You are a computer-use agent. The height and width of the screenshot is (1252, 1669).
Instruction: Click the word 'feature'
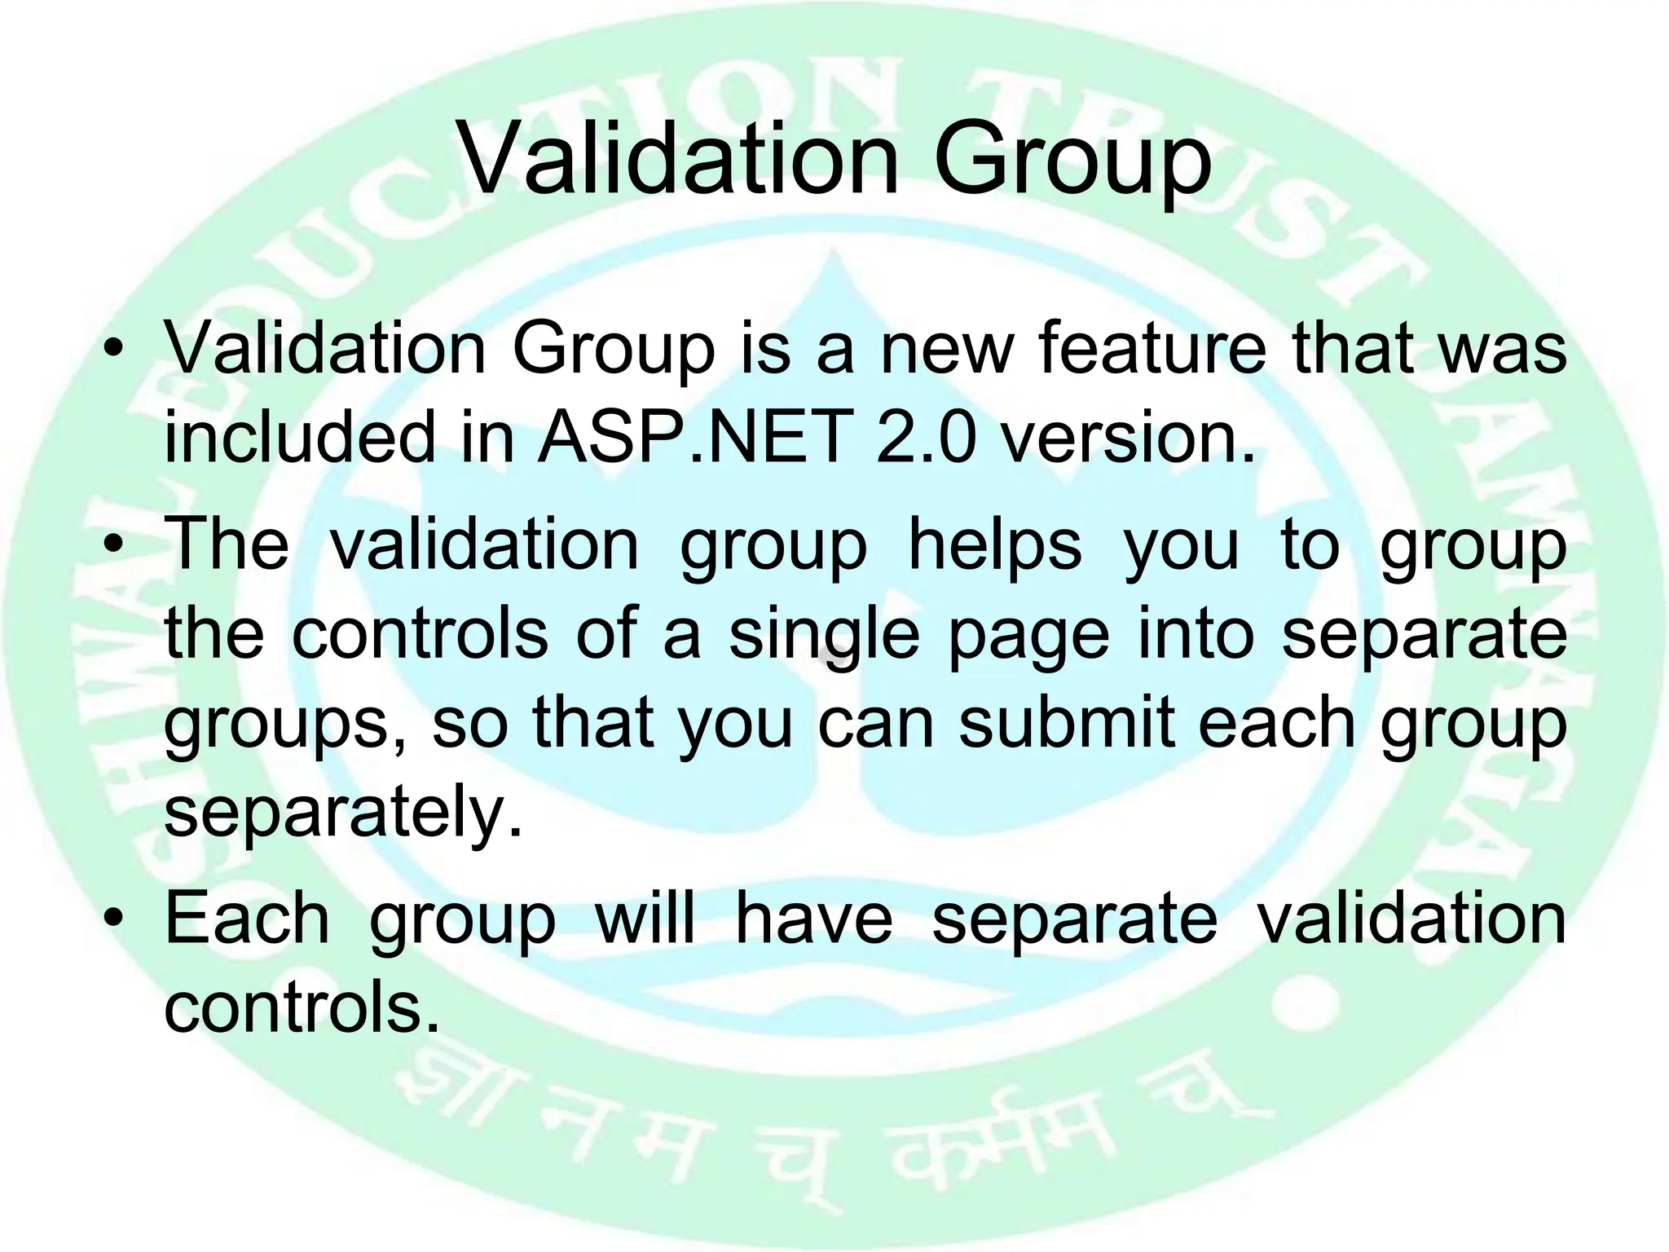click(x=1152, y=349)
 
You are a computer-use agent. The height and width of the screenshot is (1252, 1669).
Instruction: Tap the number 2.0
click(x=926, y=438)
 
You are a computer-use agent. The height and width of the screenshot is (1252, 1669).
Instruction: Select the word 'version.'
click(x=1127, y=438)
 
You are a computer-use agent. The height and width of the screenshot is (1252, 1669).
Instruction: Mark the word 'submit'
click(x=1067, y=722)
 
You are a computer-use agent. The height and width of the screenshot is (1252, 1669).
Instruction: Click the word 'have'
click(x=814, y=919)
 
